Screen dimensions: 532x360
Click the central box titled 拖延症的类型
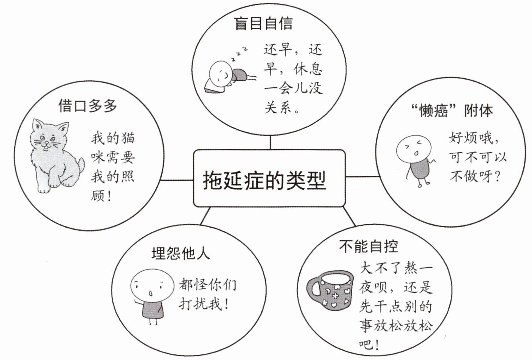pos(269,178)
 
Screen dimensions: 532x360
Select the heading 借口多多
pos(87,106)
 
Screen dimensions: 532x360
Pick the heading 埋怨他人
pos(181,254)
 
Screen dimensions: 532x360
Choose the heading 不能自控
pos(368,246)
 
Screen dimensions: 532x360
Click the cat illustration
pos(54,156)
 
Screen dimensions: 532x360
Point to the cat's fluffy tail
pos(80,165)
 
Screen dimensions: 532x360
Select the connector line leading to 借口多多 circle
pos(177,180)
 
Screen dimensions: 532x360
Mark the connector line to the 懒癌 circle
pos(362,176)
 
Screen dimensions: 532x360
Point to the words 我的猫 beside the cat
pos(112,139)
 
